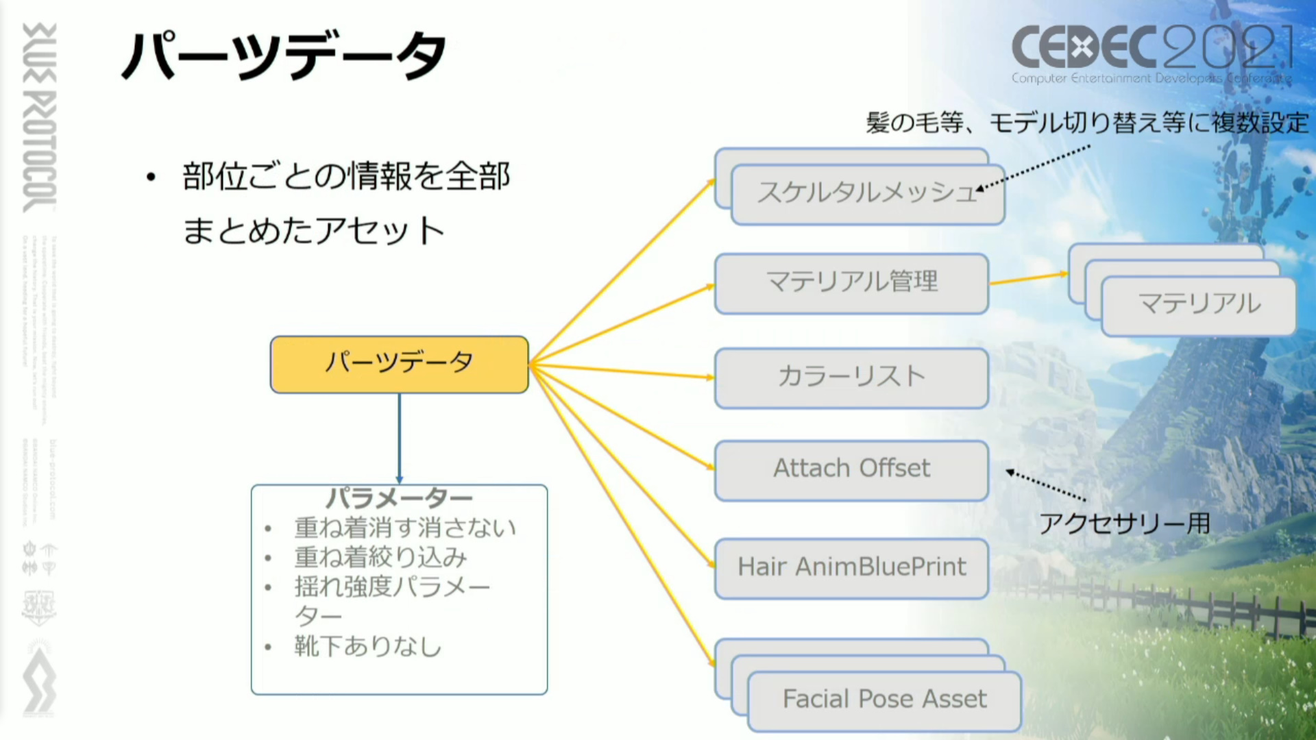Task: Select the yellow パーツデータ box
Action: pos(399,364)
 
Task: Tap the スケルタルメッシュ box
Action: pos(868,194)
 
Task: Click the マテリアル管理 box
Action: pos(851,283)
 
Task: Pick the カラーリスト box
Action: pos(851,378)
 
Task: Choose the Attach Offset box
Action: pos(851,469)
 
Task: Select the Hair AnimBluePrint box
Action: pos(851,568)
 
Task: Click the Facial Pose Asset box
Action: pos(884,700)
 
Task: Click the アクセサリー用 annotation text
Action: pos(1124,524)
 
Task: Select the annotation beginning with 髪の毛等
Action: pos(1087,123)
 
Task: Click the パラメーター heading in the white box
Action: pos(399,498)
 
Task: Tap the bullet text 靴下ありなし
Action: pos(368,646)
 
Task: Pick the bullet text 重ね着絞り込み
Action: pos(380,558)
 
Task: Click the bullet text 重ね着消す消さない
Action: pos(405,528)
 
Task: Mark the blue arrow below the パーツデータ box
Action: pos(400,439)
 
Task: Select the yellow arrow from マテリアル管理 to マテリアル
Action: pos(1028,278)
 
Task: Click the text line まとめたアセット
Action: pos(314,231)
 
